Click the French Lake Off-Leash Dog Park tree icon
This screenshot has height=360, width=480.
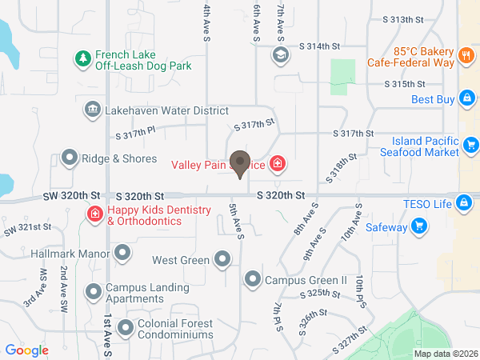click(82, 58)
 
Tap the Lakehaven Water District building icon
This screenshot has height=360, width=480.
click(92, 109)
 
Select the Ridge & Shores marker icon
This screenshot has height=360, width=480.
click(70, 158)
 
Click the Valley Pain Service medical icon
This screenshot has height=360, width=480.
click(277, 165)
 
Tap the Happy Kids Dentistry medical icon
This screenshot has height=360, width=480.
click(94, 214)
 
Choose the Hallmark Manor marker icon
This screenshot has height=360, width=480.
click(122, 254)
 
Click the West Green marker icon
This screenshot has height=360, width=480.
click(222, 259)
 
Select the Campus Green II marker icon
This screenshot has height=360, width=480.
click(252, 279)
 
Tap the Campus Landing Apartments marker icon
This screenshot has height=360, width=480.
click(94, 290)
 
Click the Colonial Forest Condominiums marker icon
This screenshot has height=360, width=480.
click(126, 328)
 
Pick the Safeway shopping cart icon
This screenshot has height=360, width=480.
click(418, 227)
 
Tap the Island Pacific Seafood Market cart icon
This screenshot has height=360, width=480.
click(471, 146)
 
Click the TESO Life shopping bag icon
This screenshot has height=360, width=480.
click(462, 202)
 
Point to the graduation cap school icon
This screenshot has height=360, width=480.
click(281, 54)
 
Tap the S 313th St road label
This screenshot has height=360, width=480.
click(402, 18)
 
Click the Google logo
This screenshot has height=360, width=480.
click(27, 350)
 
